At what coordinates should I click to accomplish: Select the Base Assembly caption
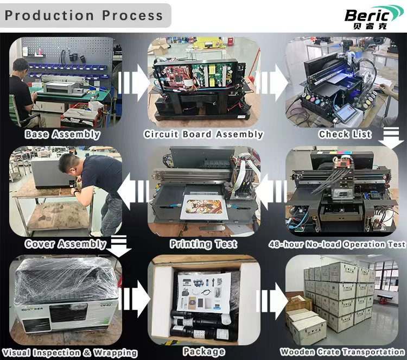(x=62, y=134)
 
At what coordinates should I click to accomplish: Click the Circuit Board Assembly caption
(x=203, y=134)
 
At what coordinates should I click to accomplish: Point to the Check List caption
(x=345, y=134)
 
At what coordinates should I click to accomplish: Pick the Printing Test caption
(x=203, y=244)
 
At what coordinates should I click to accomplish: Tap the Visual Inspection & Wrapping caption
(x=69, y=352)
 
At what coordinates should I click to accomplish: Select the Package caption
(x=204, y=352)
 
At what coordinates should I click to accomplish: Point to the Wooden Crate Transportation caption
(x=342, y=352)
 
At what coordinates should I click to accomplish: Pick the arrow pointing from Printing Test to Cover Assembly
(x=132, y=193)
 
